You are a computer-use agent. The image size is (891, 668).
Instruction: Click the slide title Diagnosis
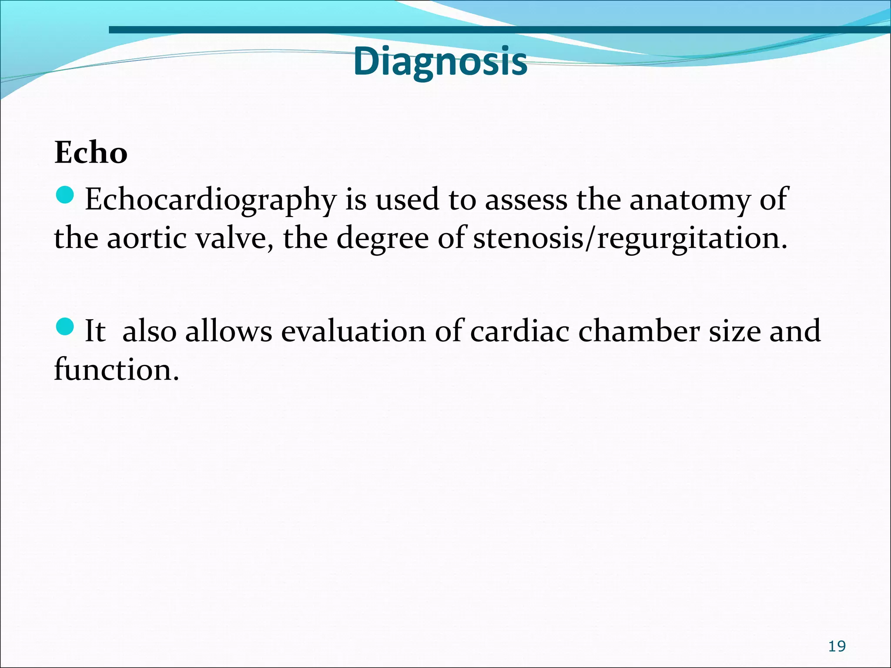coord(440,61)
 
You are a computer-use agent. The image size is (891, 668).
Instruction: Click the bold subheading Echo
coord(91,153)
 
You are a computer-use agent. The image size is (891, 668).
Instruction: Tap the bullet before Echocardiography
coord(65,194)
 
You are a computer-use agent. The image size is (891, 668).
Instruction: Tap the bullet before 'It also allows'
coord(65,326)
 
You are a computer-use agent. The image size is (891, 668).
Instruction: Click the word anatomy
coord(690,200)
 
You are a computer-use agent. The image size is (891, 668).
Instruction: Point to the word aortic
coord(147,238)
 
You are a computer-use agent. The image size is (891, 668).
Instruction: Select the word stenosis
coord(528,238)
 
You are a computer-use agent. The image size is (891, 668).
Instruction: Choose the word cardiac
coord(519,331)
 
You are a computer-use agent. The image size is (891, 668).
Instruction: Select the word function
coord(116,369)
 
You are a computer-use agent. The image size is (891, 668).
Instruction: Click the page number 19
coord(837,646)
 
